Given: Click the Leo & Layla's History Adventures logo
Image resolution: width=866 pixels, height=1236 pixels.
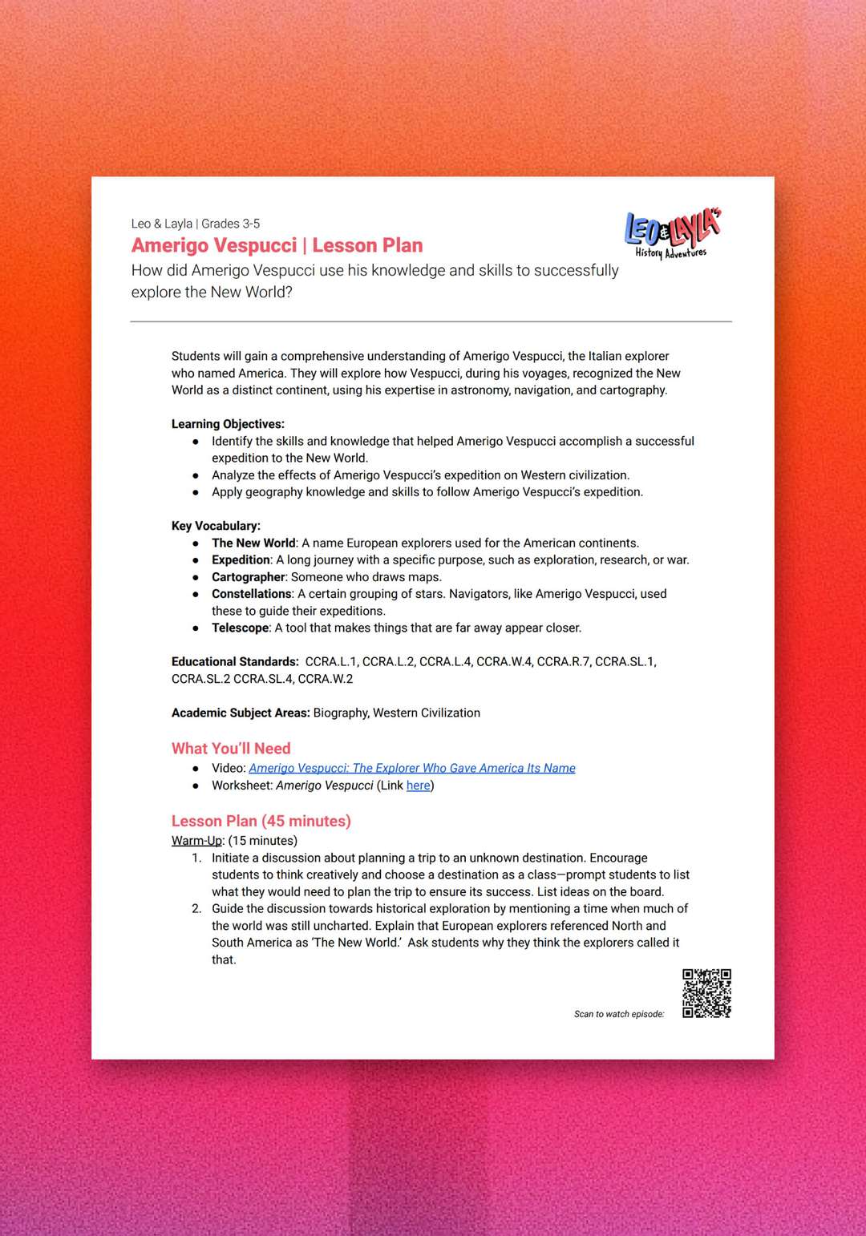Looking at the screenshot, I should click(x=672, y=234).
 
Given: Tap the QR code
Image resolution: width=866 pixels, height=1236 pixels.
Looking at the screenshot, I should click(x=706, y=993).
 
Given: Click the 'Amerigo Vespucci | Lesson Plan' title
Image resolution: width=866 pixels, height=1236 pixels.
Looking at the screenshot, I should click(x=277, y=245).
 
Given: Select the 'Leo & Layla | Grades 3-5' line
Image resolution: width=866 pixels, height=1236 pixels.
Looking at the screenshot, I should click(x=196, y=224).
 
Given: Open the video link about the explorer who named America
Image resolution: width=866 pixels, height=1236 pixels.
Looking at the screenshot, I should click(x=411, y=768).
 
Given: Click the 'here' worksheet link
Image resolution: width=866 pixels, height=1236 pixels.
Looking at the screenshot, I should click(x=418, y=786).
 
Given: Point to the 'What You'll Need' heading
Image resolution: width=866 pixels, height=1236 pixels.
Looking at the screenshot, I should click(x=231, y=748).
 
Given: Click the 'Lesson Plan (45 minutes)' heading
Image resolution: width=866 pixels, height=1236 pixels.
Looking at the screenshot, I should click(x=261, y=821).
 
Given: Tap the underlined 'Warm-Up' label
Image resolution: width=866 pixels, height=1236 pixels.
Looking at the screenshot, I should click(x=196, y=841).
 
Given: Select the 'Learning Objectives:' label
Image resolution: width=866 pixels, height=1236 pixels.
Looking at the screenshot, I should click(x=228, y=424).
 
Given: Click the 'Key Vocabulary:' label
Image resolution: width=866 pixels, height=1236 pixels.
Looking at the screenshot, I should click(x=216, y=526).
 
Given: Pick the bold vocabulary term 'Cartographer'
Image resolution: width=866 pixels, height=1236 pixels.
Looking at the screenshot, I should click(x=249, y=577).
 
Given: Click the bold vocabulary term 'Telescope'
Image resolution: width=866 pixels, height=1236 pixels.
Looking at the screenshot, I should click(x=241, y=628).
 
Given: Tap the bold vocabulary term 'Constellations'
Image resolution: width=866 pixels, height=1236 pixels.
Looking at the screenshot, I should click(x=252, y=594).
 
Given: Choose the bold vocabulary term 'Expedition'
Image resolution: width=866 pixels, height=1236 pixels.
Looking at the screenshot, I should click(x=241, y=560).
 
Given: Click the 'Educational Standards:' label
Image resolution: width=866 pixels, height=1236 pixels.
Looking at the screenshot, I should click(x=235, y=662).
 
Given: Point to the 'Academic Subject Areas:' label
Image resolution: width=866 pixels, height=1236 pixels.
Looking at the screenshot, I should click(x=241, y=713).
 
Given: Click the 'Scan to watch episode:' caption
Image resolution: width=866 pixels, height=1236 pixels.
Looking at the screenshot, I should click(x=619, y=1014).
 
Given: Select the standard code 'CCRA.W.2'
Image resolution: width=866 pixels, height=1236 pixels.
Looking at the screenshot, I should click(x=325, y=679).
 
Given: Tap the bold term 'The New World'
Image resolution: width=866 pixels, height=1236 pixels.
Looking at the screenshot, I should click(x=253, y=543).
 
